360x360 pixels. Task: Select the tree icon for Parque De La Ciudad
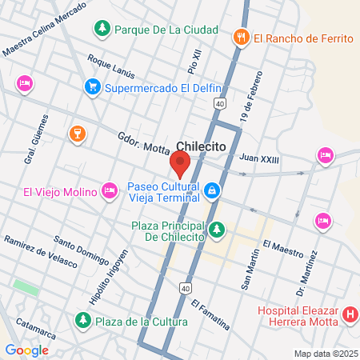coord(102,30)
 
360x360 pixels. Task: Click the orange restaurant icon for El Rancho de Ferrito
coord(241,37)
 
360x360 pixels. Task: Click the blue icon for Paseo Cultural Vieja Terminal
coord(213,190)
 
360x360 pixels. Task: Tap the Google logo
coord(26,350)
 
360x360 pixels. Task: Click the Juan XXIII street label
coord(259,159)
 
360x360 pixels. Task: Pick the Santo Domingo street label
coord(80,250)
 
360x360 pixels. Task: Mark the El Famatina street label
coord(210,315)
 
